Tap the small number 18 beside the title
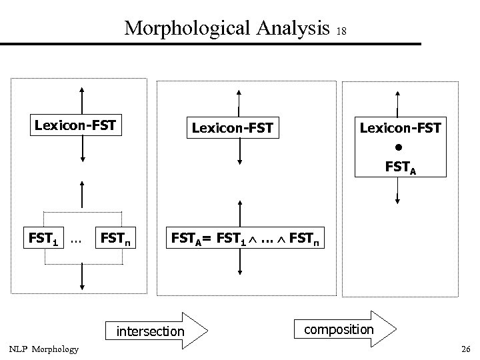342,31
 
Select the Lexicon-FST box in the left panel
75,124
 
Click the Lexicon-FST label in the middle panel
232,127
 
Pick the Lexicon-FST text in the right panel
400,127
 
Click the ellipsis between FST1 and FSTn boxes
75,237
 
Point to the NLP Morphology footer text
43,349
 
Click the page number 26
465,349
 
